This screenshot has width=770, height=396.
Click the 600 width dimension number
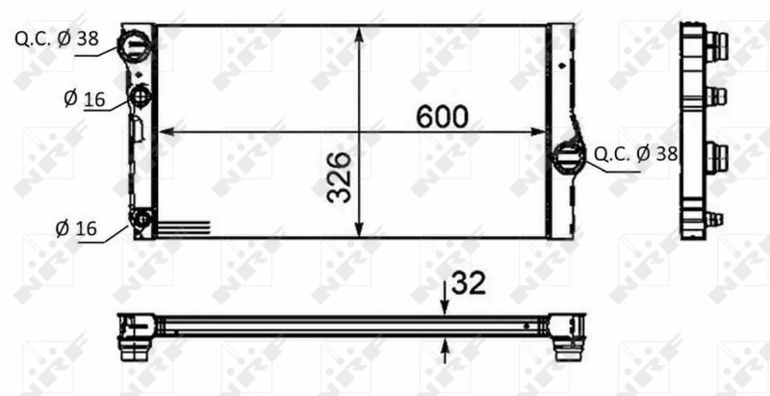pyautogui.click(x=442, y=116)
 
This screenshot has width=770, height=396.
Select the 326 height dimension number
pyautogui.click(x=338, y=176)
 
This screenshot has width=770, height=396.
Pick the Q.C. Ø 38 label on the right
pyautogui.click(x=635, y=152)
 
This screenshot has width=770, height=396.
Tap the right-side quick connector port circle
pyautogui.click(x=569, y=156)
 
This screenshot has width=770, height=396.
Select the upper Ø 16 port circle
pyautogui.click(x=141, y=96)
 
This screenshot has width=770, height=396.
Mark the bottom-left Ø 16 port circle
pyautogui.click(x=142, y=221)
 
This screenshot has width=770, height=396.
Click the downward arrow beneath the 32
pyautogui.click(x=445, y=305)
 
